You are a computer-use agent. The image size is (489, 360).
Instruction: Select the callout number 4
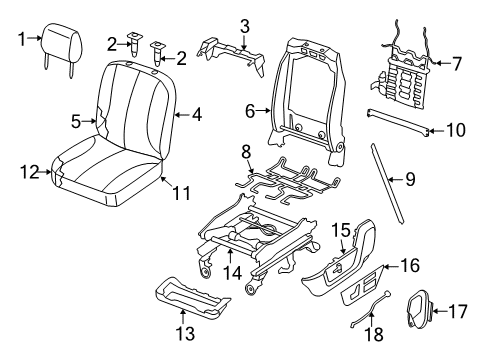[197, 116]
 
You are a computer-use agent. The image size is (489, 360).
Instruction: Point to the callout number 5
[75, 122]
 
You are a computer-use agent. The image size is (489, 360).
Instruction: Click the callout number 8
[245, 151]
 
